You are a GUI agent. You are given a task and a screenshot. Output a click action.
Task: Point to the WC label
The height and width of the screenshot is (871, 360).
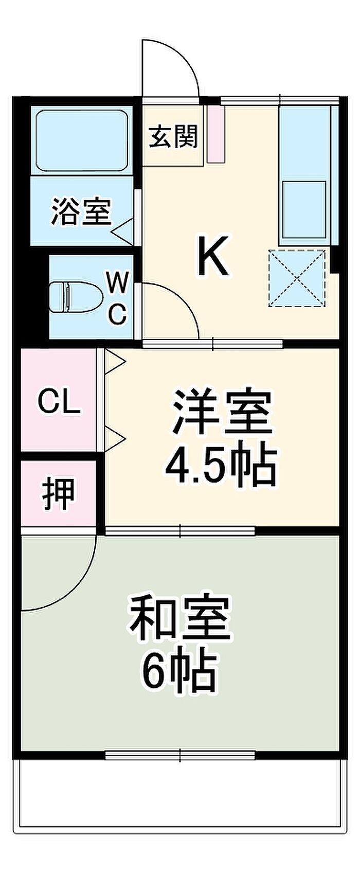click(118, 298)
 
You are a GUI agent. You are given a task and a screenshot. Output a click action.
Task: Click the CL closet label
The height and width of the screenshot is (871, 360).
click(60, 402)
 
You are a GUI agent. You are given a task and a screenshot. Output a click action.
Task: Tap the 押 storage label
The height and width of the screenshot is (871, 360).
click(58, 493)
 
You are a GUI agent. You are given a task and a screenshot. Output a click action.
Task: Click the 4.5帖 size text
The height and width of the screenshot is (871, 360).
click(221, 466)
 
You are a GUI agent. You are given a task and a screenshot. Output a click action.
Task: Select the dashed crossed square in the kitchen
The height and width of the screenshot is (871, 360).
click(297, 278)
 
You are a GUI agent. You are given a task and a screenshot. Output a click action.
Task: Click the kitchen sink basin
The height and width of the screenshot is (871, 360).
click(303, 209)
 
